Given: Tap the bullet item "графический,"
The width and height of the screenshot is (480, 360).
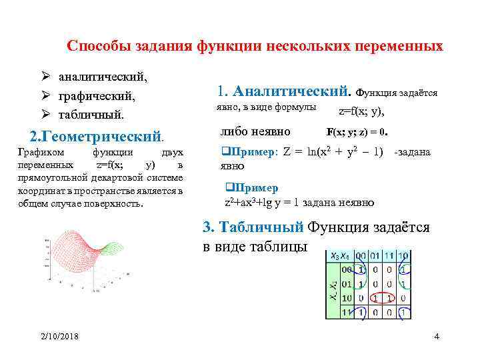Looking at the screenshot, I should click(x=96, y=97).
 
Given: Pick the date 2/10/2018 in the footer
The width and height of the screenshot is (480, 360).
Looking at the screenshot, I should click(x=59, y=336).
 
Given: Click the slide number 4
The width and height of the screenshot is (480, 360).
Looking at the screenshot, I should click(x=436, y=336).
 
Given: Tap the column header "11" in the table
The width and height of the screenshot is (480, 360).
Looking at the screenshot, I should click(x=390, y=256).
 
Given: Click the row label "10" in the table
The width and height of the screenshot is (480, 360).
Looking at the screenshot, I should click(x=346, y=298).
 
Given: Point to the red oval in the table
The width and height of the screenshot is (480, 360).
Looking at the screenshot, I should click(x=383, y=298).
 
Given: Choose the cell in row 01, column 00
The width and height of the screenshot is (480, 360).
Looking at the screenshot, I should click(x=361, y=284).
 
